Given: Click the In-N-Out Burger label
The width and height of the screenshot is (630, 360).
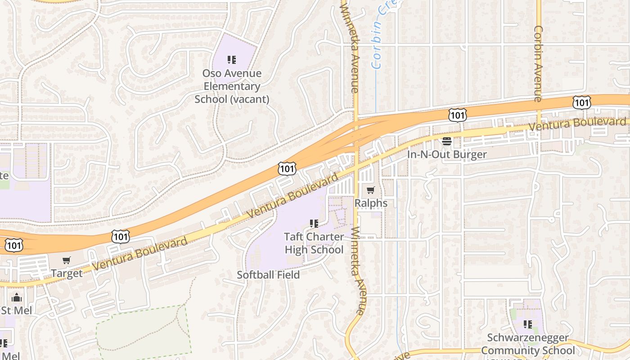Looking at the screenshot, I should [447, 154].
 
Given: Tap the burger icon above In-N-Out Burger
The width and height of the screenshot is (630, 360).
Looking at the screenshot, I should [447, 141].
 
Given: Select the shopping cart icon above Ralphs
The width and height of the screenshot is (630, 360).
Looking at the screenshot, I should [370, 190].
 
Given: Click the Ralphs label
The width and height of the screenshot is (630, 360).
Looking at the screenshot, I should [371, 203].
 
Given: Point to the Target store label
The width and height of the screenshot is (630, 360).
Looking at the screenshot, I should [67, 273].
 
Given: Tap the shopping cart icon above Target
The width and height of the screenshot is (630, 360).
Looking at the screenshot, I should [67, 260].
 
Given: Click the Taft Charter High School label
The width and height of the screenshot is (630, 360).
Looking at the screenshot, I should [314, 243].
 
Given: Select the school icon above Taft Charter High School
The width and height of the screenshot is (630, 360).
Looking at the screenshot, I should [314, 224].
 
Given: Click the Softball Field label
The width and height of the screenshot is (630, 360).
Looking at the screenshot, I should [268, 274].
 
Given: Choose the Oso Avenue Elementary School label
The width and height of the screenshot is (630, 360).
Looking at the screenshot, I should [232, 86].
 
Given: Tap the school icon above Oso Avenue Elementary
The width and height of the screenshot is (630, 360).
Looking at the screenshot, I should [231, 60].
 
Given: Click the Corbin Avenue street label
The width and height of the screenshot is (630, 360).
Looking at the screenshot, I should [538, 63].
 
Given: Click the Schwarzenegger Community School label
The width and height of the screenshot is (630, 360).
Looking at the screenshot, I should [528, 344].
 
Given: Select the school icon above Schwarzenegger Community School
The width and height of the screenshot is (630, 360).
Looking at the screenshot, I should [528, 324].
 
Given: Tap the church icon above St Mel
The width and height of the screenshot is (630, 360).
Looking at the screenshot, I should [17, 297].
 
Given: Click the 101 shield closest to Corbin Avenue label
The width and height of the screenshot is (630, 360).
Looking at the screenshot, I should [581, 102].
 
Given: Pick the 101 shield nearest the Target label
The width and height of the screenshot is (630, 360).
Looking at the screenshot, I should [121, 236].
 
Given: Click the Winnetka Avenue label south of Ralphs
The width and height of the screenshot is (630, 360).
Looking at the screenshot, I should [357, 270].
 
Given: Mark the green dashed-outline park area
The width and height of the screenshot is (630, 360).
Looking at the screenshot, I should [144, 333].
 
